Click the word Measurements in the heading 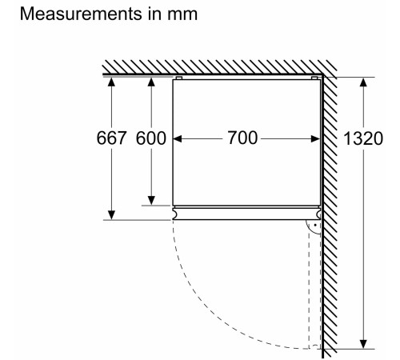[81, 14]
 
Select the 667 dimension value [111, 138]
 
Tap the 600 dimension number [151, 138]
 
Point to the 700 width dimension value [242, 138]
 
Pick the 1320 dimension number [363, 138]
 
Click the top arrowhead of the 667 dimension [111, 82]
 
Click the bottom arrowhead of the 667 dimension [111, 215]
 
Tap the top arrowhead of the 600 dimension [151, 82]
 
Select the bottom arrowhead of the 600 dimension [151, 201]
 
